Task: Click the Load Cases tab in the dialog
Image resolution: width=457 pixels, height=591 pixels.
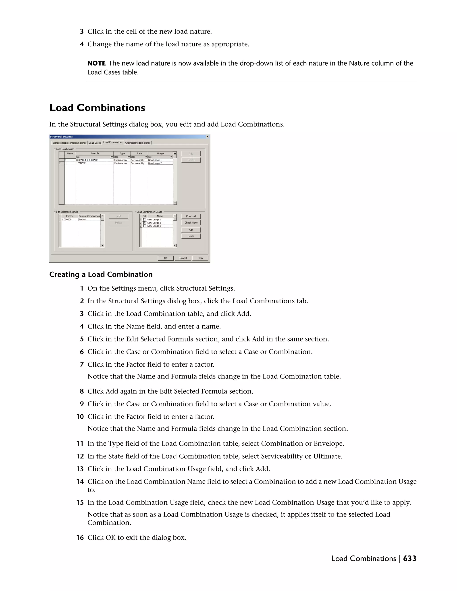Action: coord(95,143)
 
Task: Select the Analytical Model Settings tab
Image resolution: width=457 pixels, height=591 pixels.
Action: coord(137,143)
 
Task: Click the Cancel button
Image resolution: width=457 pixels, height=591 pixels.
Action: coord(183,258)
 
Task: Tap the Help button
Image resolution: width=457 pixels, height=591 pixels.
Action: coord(200,258)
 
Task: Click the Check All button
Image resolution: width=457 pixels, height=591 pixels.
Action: coord(191,216)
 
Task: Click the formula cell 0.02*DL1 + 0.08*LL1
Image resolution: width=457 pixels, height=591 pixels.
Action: coord(87,160)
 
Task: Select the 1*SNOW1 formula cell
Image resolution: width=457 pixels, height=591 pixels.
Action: coord(81,163)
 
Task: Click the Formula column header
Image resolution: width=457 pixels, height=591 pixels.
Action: coord(95,153)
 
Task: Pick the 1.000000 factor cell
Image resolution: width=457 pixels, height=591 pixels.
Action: coord(66,219)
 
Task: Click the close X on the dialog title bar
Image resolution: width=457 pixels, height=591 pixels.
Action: coord(207,137)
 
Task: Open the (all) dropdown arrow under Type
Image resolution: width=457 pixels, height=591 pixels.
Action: coord(129,157)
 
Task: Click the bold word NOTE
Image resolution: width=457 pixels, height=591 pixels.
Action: coord(96,63)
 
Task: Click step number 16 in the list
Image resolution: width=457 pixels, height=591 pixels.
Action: coord(80,537)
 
